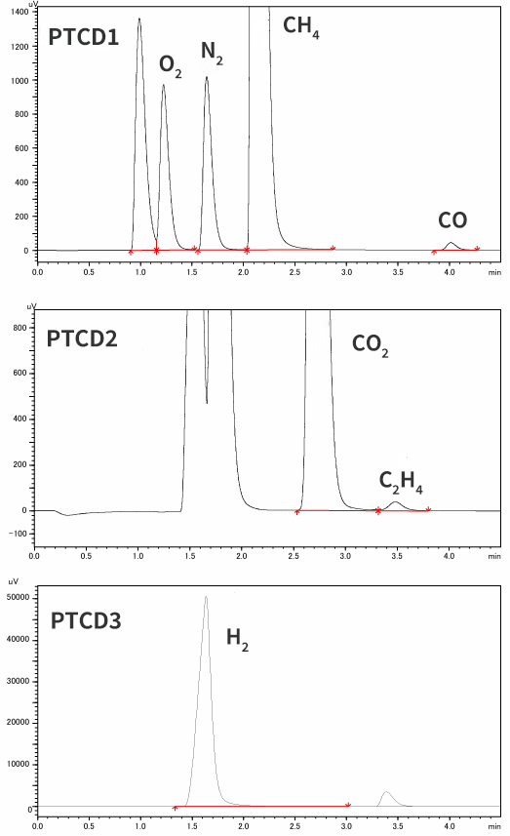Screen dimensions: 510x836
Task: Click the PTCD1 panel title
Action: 83,37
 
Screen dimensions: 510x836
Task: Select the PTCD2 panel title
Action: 82,338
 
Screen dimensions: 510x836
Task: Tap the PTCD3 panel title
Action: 86,620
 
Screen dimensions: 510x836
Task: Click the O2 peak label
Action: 170,66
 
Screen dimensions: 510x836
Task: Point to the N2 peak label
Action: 212,53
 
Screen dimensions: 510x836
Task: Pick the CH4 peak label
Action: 301,26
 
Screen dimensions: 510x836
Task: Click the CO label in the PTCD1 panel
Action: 452,220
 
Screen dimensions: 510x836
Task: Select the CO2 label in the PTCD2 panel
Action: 370,345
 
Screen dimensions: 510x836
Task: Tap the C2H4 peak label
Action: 401,482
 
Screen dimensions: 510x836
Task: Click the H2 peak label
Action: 237,639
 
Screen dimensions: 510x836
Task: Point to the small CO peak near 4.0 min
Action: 451,246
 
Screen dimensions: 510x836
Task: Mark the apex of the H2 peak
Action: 206,597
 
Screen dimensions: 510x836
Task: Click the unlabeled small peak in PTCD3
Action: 386,798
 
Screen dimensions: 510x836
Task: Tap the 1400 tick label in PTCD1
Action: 20,13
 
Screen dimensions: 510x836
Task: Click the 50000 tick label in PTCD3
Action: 19,598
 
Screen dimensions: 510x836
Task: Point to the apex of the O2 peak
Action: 163,85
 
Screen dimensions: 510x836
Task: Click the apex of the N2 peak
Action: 206,77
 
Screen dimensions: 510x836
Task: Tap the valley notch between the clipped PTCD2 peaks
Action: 207,403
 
